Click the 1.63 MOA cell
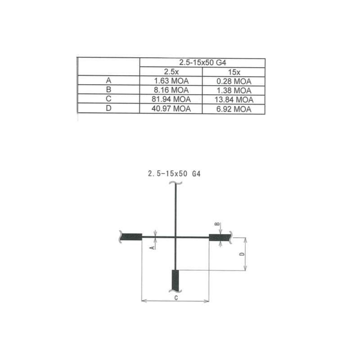(171, 81)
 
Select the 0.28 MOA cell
(234, 81)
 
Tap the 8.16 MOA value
(171, 90)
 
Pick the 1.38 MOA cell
(234, 90)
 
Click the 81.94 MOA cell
(171, 99)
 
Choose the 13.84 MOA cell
(234, 99)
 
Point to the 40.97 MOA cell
(171, 108)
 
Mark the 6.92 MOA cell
(234, 109)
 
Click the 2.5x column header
(171, 72)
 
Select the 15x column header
(234, 72)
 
